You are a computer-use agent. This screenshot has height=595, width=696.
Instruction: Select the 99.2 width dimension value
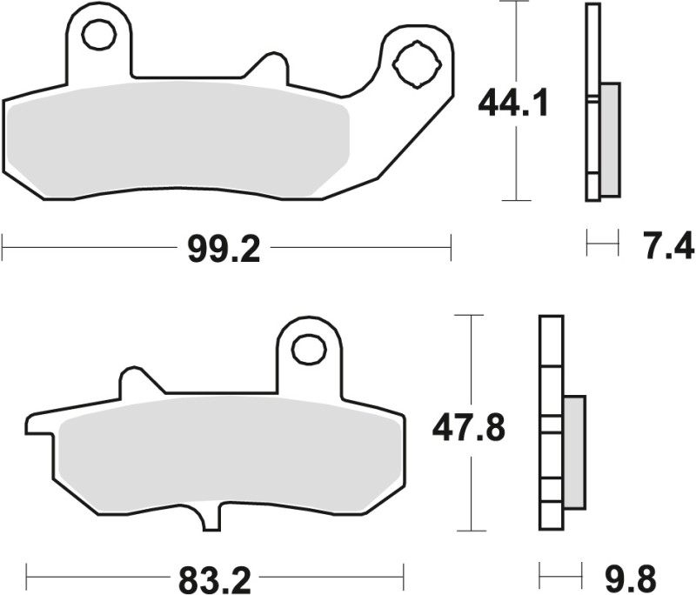click(x=224, y=250)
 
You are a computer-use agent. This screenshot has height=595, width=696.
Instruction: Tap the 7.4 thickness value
click(x=669, y=246)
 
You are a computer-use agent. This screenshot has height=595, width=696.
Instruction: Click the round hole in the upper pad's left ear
click(x=98, y=35)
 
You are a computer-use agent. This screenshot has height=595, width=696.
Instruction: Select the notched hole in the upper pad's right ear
click(x=411, y=62)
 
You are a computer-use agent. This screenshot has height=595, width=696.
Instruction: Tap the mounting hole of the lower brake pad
click(x=308, y=349)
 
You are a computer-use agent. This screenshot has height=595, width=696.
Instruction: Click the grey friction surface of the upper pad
click(x=183, y=139)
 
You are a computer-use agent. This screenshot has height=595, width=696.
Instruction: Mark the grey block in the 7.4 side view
click(x=611, y=139)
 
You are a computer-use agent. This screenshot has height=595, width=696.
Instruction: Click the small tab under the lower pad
click(x=211, y=518)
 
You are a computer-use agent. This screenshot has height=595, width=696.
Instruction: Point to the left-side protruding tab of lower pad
click(x=39, y=425)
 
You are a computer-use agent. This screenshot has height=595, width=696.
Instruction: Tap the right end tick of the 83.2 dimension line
click(x=403, y=575)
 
